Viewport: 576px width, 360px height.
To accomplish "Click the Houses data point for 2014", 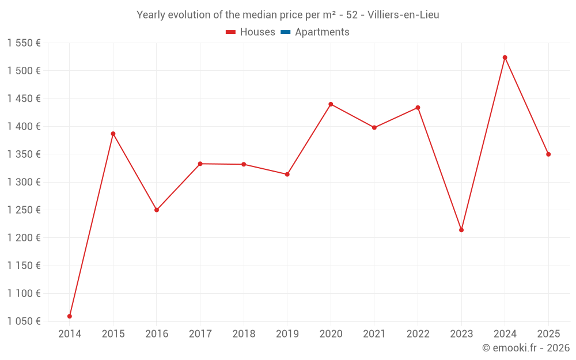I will [x=70, y=316].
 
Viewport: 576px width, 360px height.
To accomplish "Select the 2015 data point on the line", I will [x=113, y=134].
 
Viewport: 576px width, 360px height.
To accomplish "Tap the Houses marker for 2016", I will [x=157, y=210].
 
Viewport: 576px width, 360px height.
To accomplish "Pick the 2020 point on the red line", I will [x=331, y=104].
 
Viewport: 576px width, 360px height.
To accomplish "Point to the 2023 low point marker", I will [x=461, y=230].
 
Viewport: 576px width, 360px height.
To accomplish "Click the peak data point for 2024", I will [x=505, y=58].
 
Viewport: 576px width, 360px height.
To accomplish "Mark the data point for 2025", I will [x=548, y=154].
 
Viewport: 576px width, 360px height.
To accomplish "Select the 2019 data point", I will [x=287, y=174].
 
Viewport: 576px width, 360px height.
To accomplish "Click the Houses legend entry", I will [x=251, y=32].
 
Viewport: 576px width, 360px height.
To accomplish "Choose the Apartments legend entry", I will [x=315, y=32].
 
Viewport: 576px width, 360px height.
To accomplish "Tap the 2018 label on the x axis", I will [x=244, y=334].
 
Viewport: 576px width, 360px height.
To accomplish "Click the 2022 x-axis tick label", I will [x=418, y=334].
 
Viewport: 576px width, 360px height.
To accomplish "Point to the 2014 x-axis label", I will [x=70, y=334].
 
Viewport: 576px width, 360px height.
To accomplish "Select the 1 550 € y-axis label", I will [x=24, y=43].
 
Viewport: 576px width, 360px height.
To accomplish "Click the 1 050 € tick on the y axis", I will [x=24, y=321].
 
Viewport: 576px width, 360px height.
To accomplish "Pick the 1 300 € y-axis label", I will [x=24, y=182].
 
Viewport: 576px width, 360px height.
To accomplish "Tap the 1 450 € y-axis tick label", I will [x=24, y=98].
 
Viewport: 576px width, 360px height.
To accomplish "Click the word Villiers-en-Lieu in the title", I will [x=403, y=15].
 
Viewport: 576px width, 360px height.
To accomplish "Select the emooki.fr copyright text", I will [x=526, y=348].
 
